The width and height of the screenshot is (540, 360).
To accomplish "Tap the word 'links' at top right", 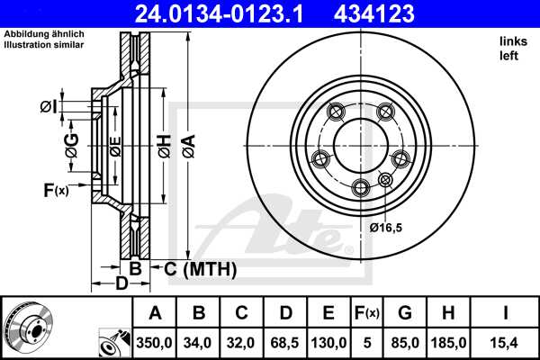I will click(x=512, y=42).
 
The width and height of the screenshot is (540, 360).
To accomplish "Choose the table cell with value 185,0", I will click(x=449, y=341).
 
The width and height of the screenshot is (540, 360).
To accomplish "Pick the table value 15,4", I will click(x=505, y=341).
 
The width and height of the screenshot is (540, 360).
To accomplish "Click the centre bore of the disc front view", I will click(x=359, y=143).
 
